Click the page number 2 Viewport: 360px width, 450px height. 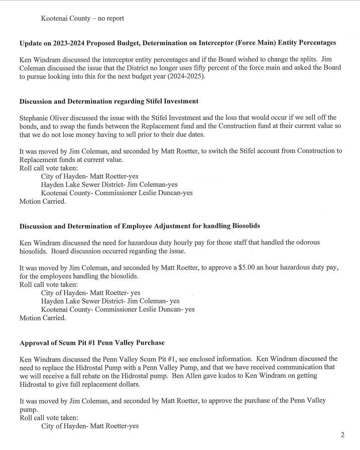click(342, 435)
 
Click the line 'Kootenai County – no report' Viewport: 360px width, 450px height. click(82, 19)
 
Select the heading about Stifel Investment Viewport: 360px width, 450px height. click(109, 101)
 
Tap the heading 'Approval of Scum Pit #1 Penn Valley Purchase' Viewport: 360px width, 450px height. click(92, 343)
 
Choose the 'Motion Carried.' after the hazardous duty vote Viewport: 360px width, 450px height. click(42, 318)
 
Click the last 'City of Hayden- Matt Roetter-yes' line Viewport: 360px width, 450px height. click(90, 426)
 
